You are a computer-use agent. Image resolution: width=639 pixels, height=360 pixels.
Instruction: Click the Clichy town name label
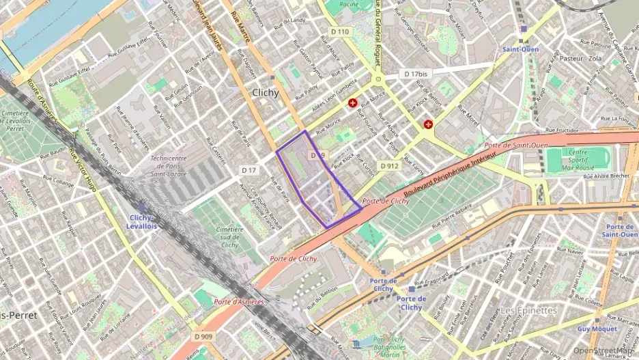[266, 93]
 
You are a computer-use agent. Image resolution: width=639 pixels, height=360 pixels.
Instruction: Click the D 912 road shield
[389, 165]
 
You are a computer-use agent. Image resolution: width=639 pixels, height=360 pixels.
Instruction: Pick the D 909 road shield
[203, 336]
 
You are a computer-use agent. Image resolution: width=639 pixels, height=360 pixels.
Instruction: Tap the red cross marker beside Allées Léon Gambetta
[353, 103]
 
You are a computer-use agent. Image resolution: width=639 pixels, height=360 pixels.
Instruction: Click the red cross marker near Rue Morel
[428, 124]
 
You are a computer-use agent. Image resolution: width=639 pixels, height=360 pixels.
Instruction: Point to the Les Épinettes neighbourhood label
[528, 310]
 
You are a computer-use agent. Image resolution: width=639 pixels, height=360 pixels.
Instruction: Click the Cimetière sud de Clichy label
[229, 237]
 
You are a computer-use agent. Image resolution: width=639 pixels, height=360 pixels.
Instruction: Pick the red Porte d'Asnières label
[239, 301]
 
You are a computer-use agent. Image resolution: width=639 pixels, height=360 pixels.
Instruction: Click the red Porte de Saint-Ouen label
[516, 145]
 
